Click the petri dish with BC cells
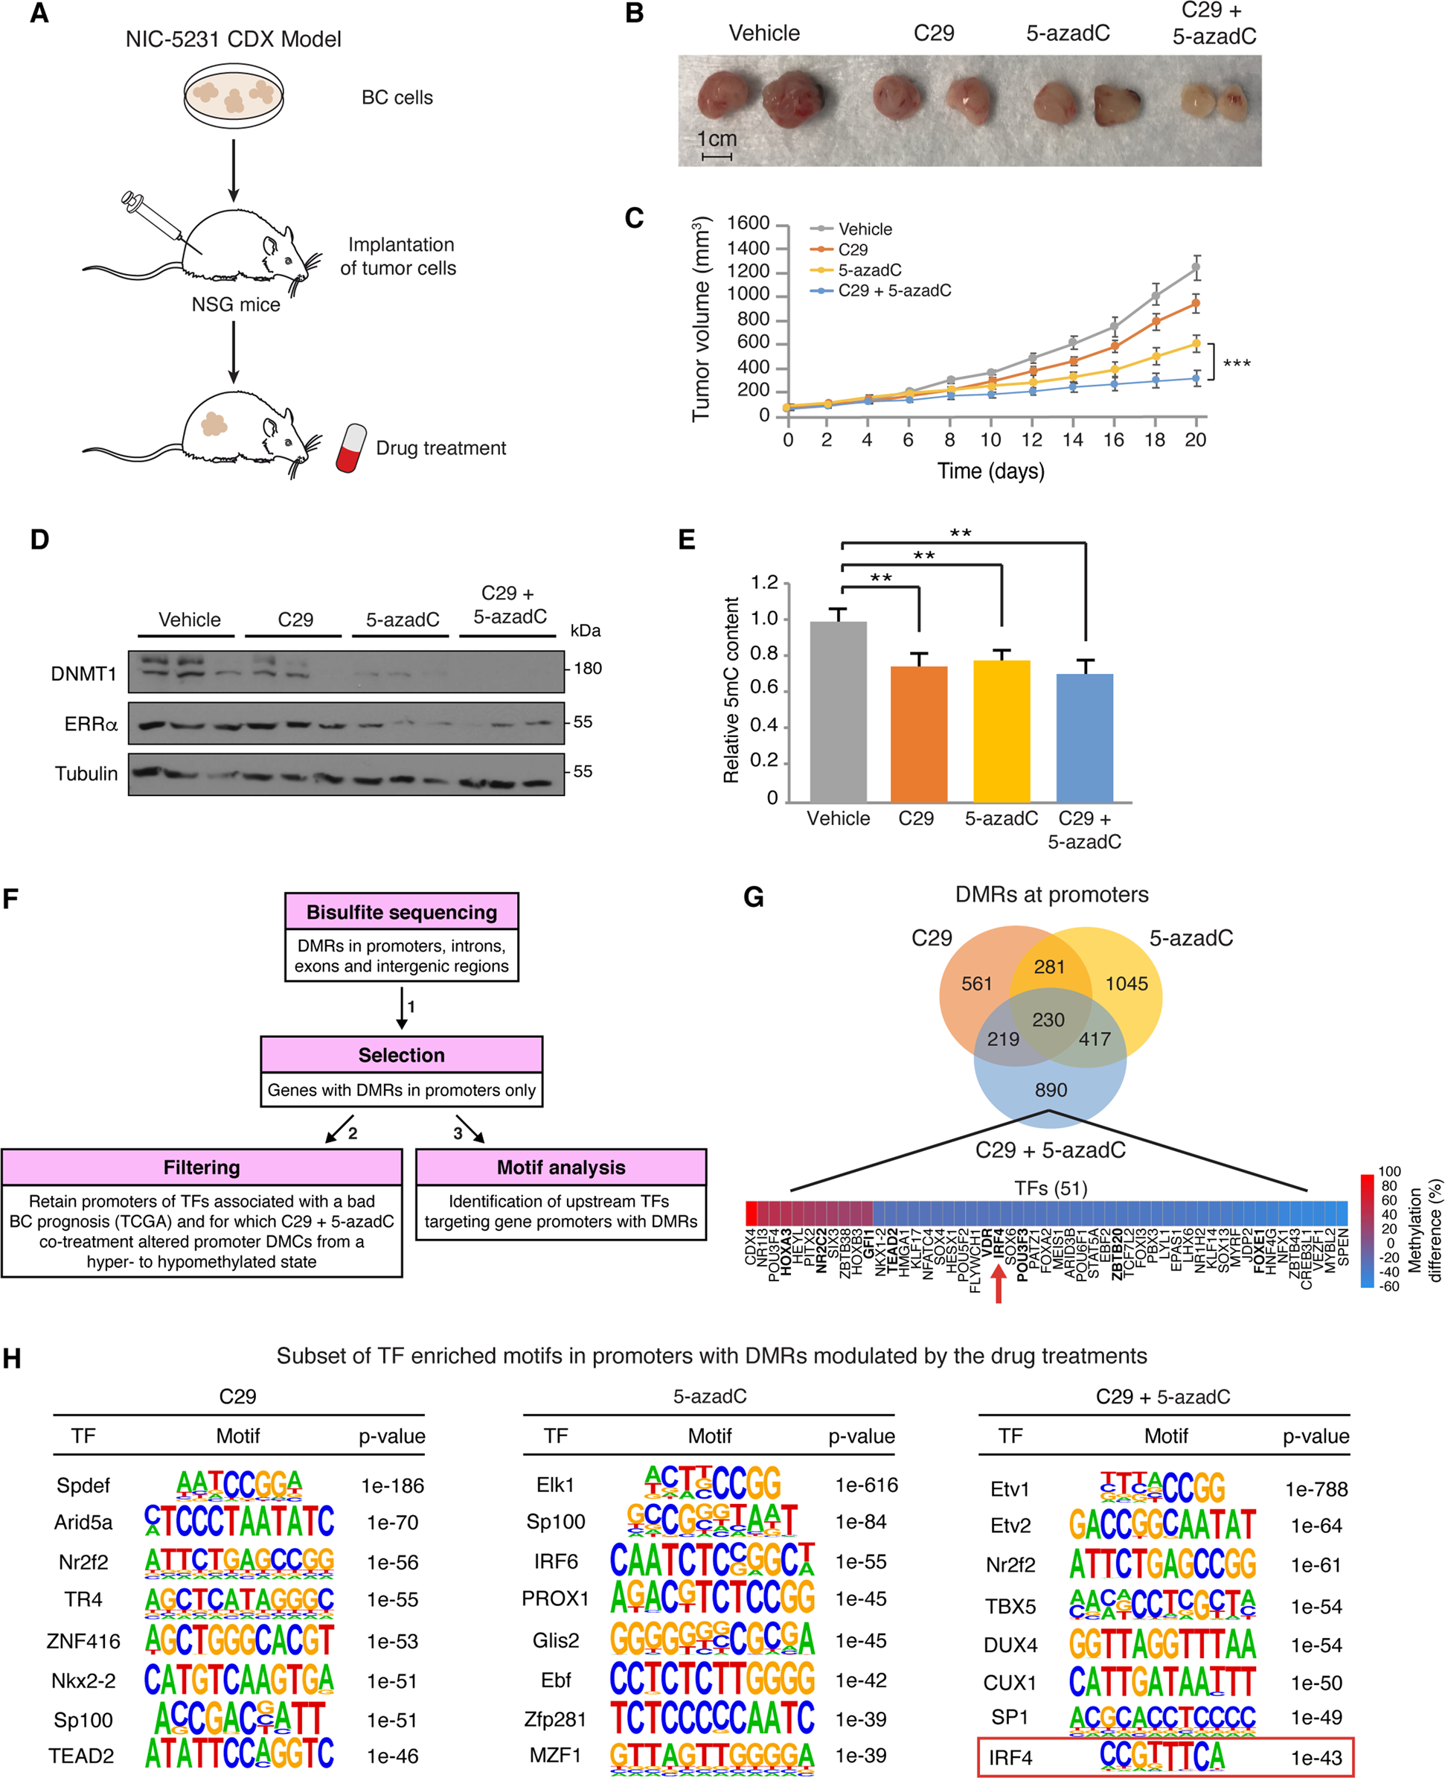click(x=233, y=94)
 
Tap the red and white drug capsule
click(x=351, y=448)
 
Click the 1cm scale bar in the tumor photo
click(x=716, y=156)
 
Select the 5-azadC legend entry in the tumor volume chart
click(x=869, y=270)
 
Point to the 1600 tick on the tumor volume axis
click(x=749, y=223)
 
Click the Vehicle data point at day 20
click(x=1196, y=267)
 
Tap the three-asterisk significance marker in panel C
click(x=1236, y=363)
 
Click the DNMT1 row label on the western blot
click(x=83, y=674)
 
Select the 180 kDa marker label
click(x=588, y=669)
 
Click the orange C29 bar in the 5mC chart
click(x=918, y=733)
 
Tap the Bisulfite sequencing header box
click(x=401, y=912)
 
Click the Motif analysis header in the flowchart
click(x=561, y=1167)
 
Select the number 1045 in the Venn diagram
click(x=1127, y=984)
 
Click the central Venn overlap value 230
click(x=1048, y=1020)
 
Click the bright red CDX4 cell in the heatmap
click(x=751, y=1213)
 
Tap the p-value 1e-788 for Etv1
click(x=1316, y=1489)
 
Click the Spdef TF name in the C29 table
click(x=83, y=1485)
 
